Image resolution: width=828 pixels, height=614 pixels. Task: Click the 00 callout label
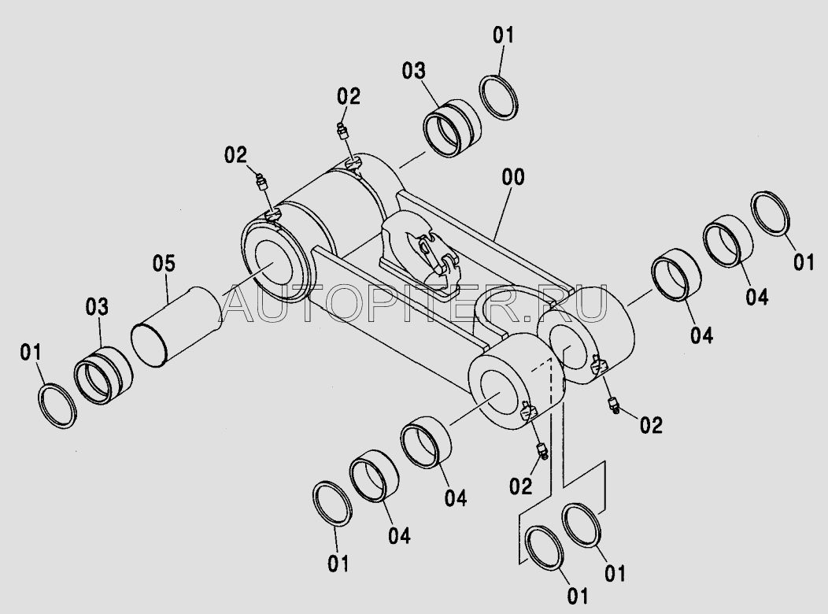pos(512,177)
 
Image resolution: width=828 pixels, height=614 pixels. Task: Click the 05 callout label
pos(164,264)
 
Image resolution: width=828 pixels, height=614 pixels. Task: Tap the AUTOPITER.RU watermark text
pos(416,305)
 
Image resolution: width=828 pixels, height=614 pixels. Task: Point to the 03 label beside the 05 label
pos(97,307)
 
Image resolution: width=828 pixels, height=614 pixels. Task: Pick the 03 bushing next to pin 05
pos(103,375)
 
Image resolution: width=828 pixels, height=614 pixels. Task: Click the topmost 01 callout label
pos(503,36)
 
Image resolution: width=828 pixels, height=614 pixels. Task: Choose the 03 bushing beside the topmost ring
pos(452,128)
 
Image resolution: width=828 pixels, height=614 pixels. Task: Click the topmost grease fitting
pos(343,131)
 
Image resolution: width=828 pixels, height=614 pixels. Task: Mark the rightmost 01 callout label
pos(804,262)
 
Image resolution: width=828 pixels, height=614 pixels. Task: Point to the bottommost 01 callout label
pos(577,596)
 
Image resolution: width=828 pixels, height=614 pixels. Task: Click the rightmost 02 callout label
pos(651,425)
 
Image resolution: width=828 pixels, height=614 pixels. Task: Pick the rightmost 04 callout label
pos(756,297)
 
